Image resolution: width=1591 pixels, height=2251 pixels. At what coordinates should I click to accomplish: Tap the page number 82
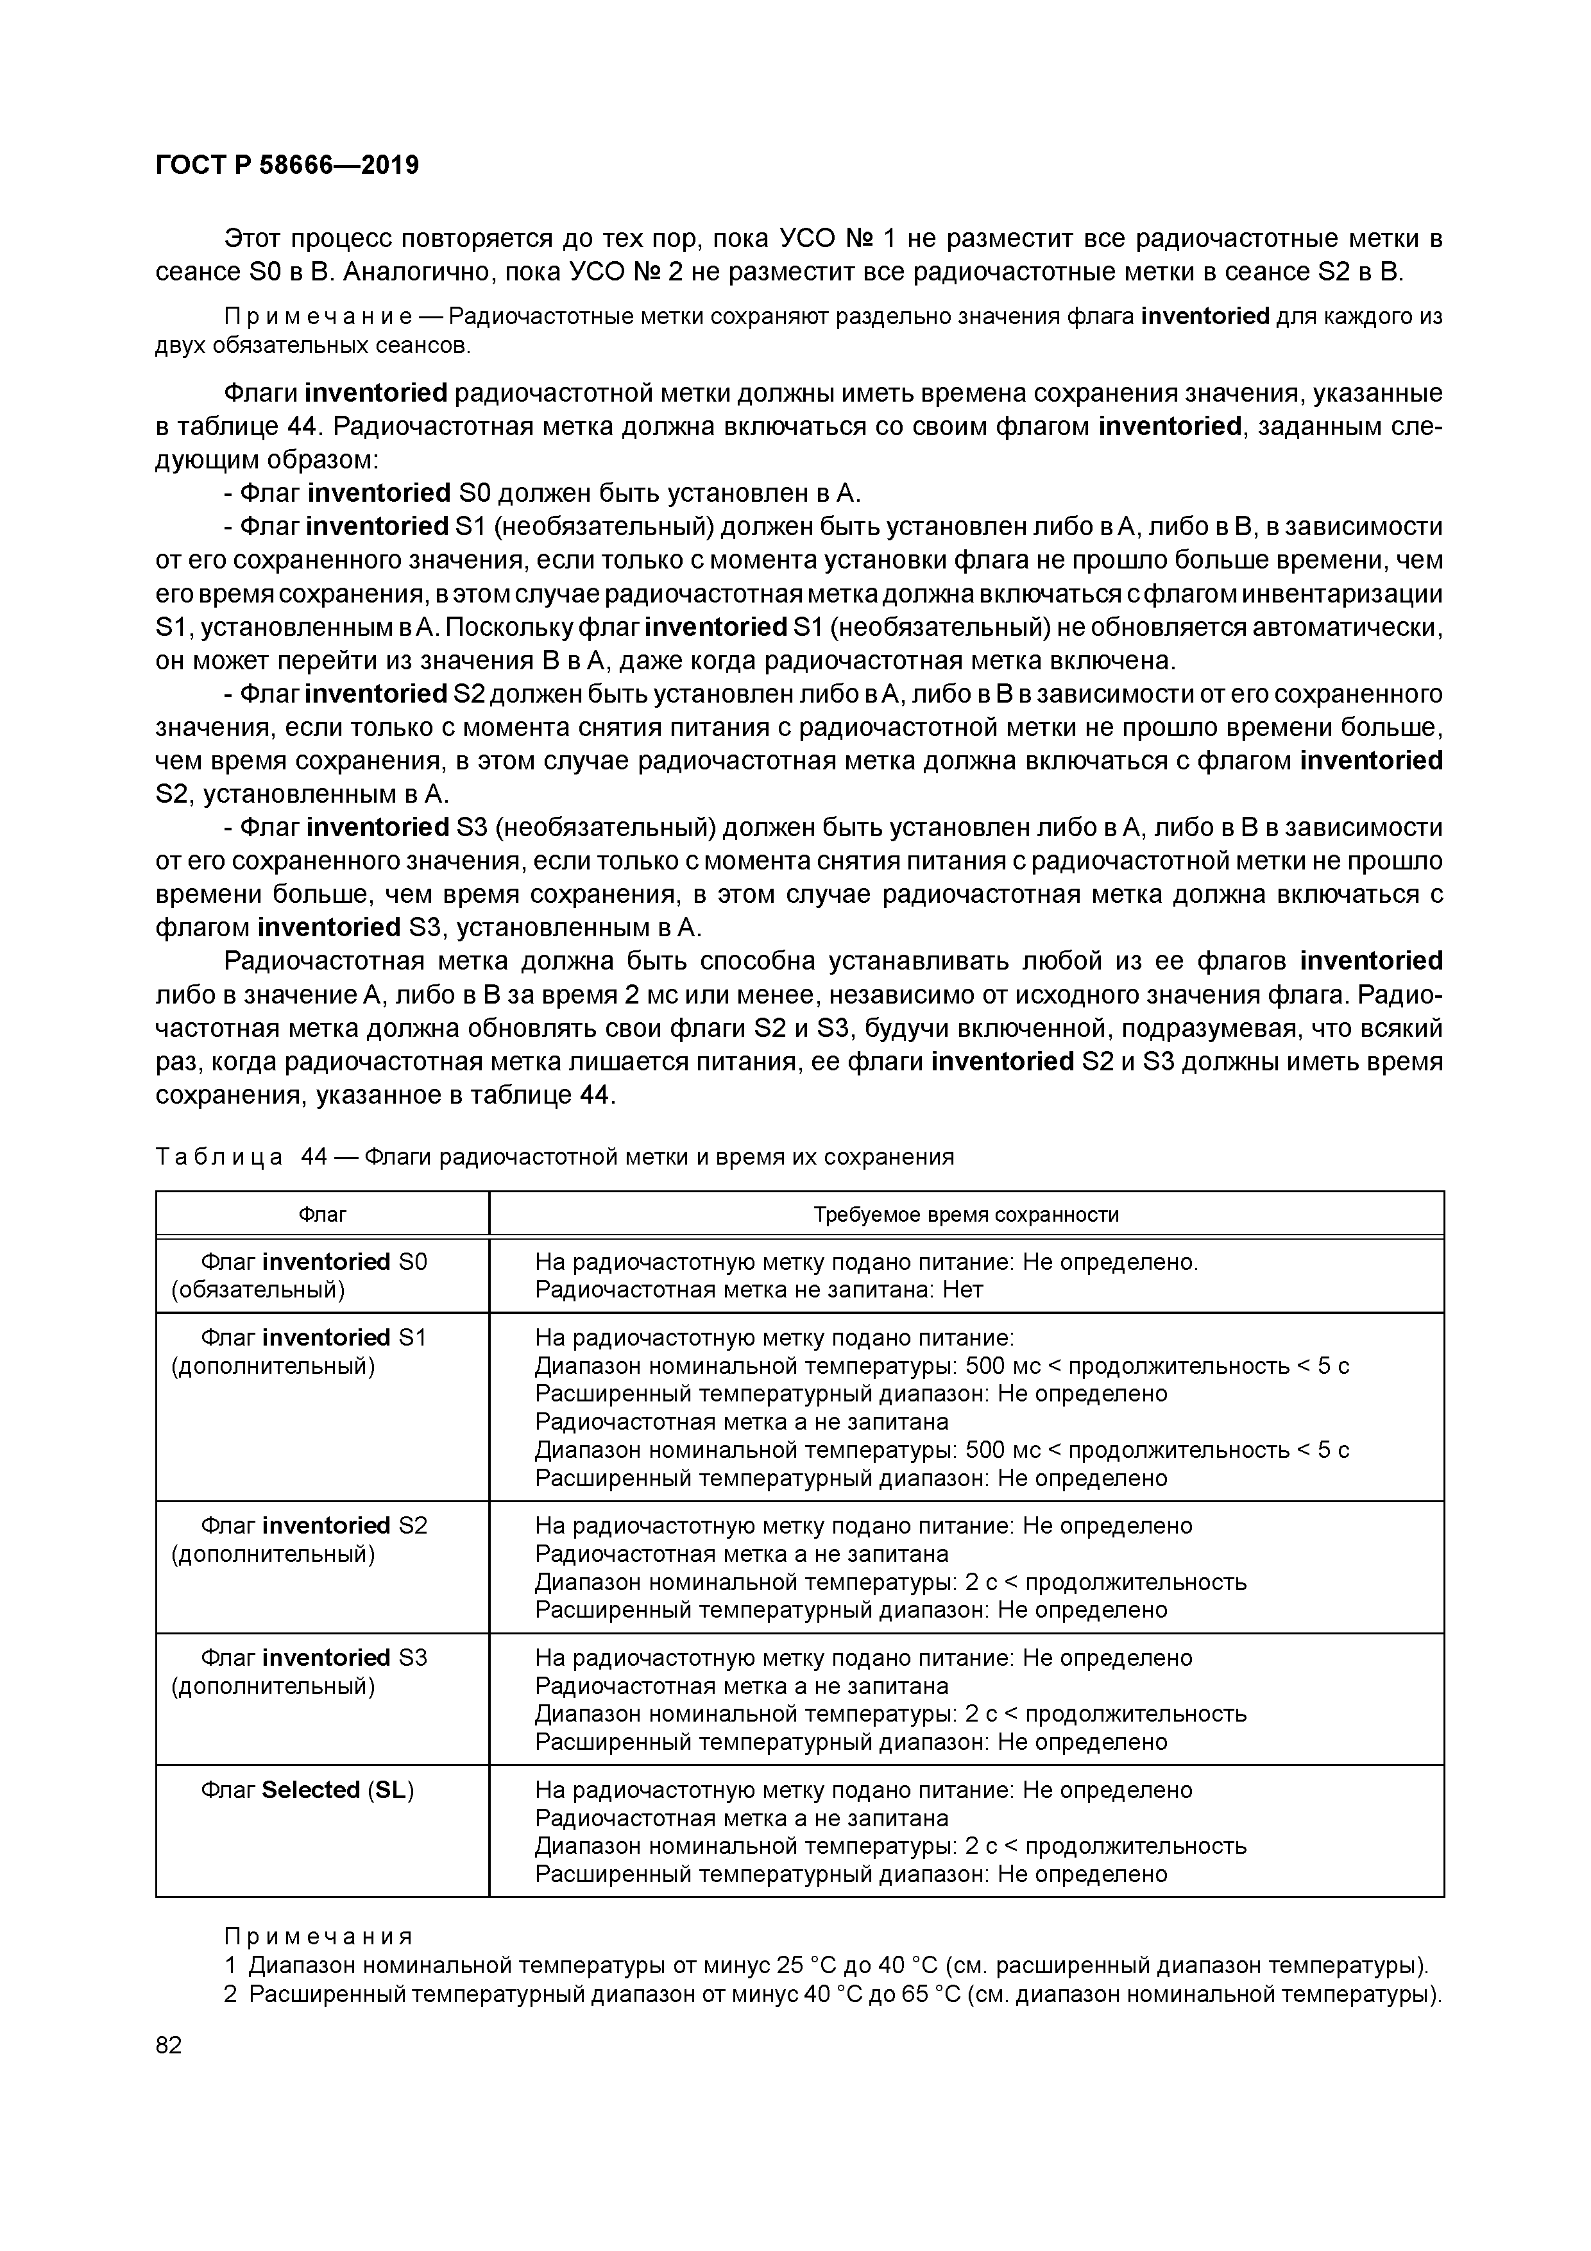click(169, 2044)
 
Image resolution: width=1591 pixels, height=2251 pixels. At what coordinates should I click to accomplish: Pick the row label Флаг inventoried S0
click(314, 1262)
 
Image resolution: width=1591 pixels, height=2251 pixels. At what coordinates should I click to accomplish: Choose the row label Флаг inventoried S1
click(314, 1339)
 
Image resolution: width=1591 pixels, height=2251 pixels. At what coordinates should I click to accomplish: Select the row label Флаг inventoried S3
click(314, 1658)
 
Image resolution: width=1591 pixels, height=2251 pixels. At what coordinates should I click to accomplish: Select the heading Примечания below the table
click(319, 1937)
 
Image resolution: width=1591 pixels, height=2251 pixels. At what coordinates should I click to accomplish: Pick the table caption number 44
click(314, 1157)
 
